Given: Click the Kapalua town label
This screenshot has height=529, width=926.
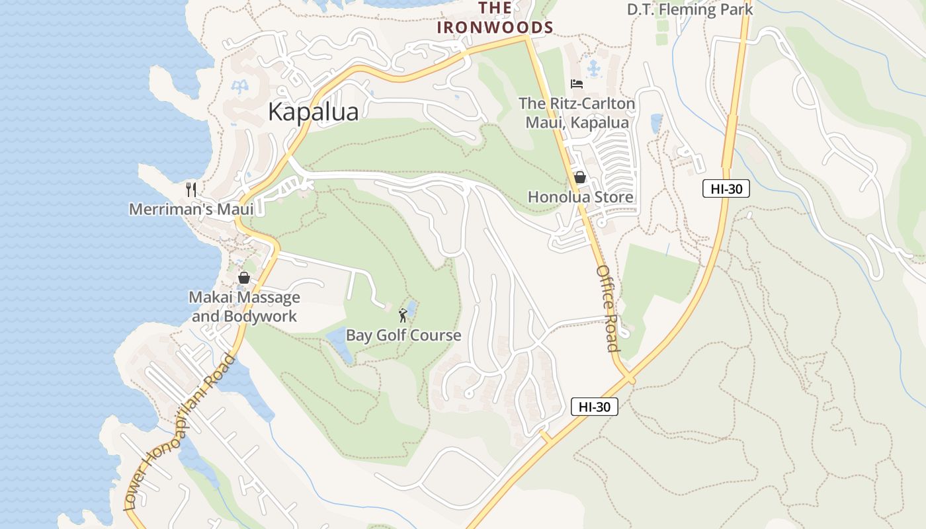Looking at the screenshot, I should [x=313, y=112].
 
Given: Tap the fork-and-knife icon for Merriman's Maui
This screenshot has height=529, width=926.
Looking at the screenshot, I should [x=191, y=190].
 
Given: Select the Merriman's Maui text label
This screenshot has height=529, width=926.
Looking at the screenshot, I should [x=191, y=210].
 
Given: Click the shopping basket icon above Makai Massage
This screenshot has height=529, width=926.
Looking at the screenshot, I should [x=243, y=278].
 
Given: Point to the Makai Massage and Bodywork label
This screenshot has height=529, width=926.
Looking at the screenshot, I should [x=244, y=307].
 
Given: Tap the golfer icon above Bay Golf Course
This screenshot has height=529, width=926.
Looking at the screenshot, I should [x=403, y=316].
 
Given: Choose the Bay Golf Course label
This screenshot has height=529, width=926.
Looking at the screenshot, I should [x=403, y=335].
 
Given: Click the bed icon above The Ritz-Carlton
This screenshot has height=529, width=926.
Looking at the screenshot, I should [x=577, y=84].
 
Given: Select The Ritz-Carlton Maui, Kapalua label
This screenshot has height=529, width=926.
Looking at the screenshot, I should [x=577, y=113].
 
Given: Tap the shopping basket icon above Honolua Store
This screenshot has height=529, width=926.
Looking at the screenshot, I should [x=580, y=177].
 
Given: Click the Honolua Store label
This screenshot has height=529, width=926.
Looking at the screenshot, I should [x=580, y=197].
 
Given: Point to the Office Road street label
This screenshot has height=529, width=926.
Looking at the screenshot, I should [x=607, y=308].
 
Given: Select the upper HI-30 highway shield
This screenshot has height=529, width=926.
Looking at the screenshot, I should [x=726, y=189].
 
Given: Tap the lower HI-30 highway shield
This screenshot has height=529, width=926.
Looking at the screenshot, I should [x=594, y=407].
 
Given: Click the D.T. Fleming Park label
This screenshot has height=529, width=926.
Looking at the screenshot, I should [x=690, y=9].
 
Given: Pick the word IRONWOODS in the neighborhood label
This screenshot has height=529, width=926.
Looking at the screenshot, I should [x=495, y=27].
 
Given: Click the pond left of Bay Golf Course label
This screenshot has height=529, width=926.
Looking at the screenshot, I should [x=340, y=344].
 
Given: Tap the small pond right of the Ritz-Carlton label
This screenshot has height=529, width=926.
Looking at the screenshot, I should [x=656, y=123].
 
